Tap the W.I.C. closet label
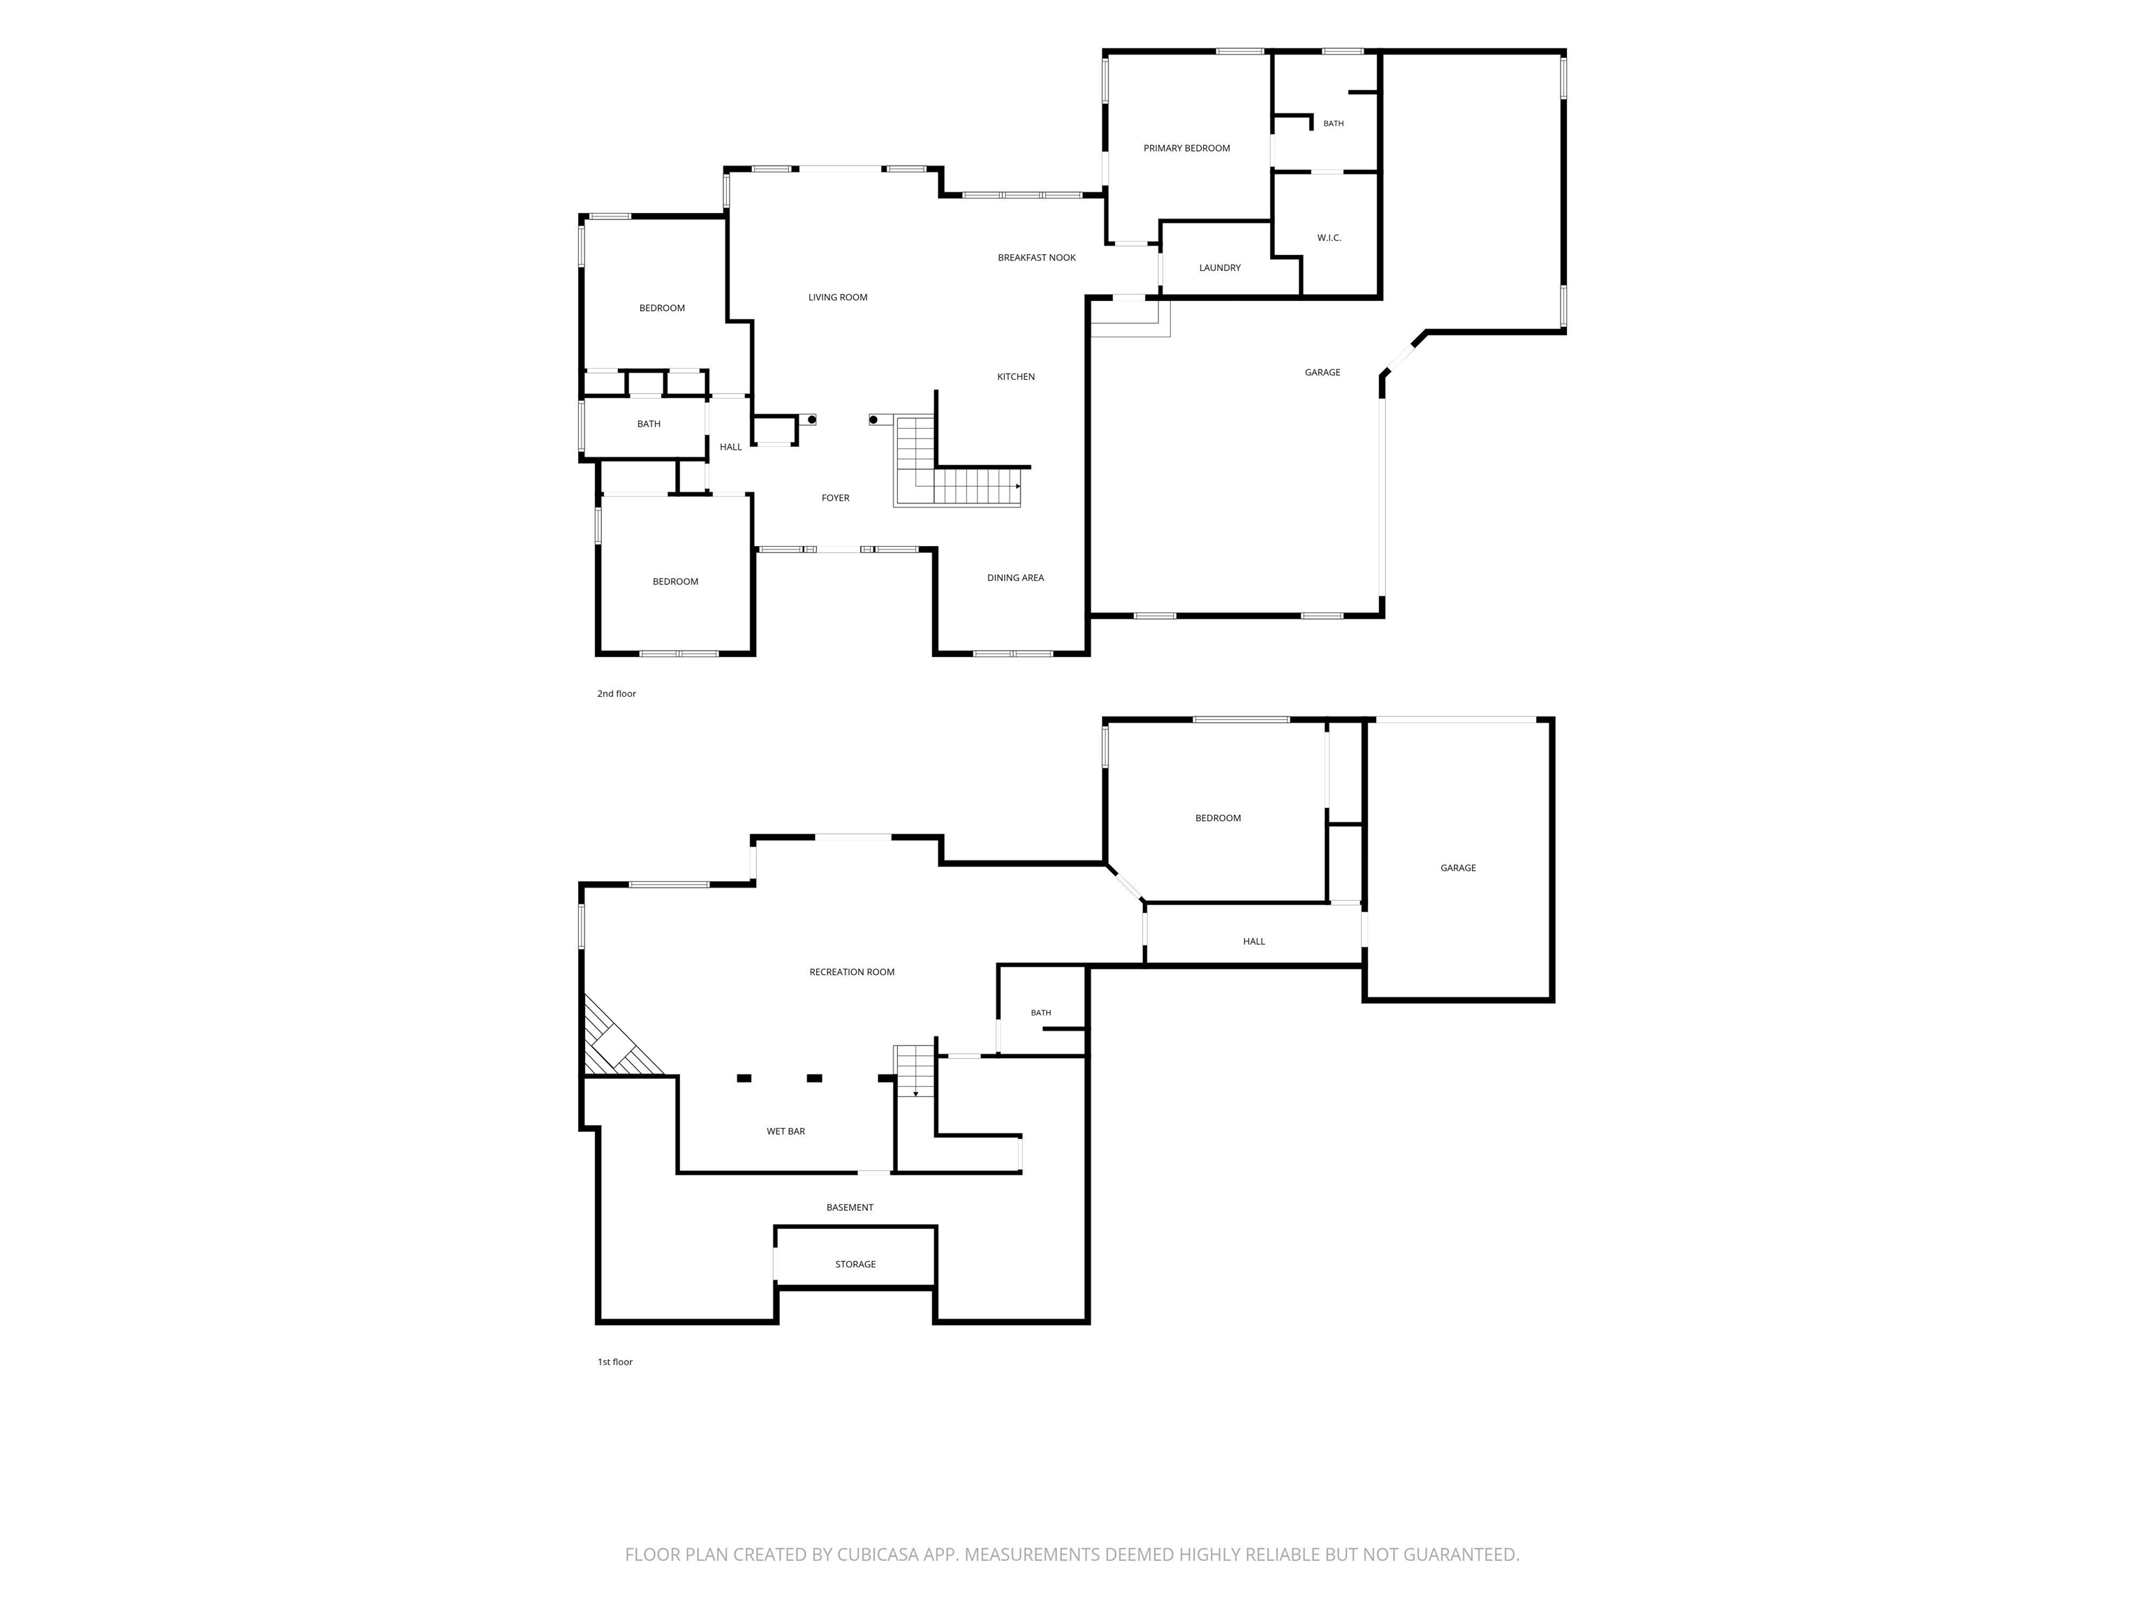1329,237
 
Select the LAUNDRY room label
1219,267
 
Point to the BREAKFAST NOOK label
1037,258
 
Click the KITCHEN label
1015,376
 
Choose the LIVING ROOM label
838,297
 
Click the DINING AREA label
1015,578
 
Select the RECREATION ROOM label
851,972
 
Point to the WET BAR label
786,1131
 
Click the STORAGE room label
855,1264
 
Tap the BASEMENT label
850,1207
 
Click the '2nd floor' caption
617,693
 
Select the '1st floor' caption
614,1362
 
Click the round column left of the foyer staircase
874,420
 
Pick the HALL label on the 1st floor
1254,941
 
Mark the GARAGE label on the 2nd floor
1322,372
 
